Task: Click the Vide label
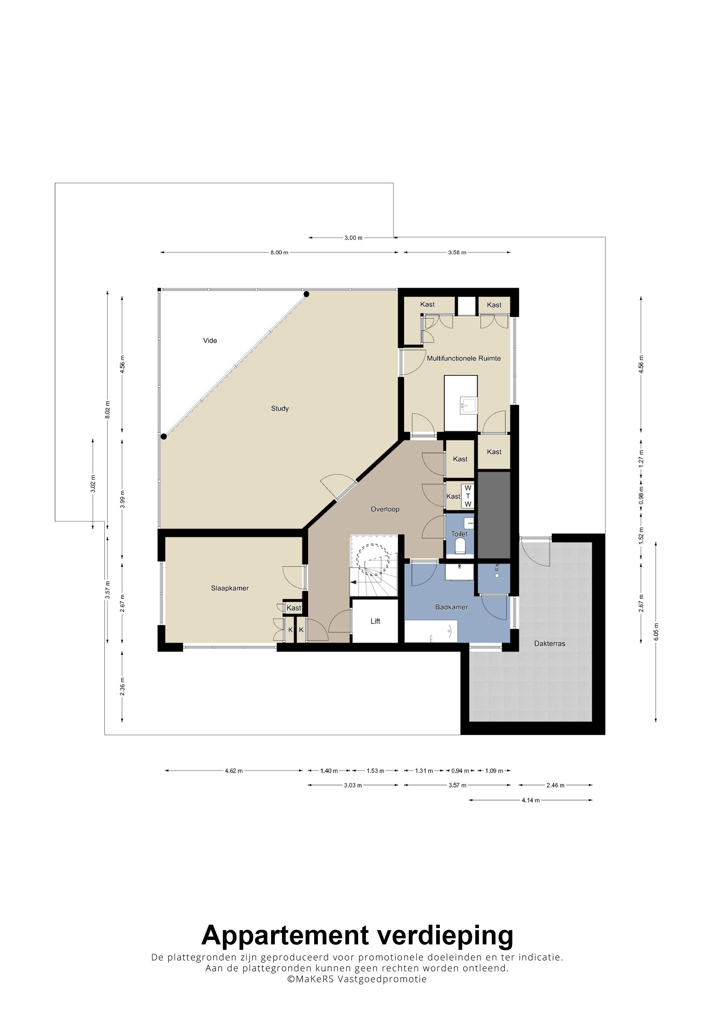click(x=210, y=341)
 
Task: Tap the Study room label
click(x=280, y=409)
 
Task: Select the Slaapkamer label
click(x=230, y=588)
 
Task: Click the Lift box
click(x=375, y=621)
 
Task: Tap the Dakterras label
click(x=549, y=644)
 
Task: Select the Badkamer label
click(x=452, y=607)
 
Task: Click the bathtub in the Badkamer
click(x=431, y=631)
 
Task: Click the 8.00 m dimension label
click(x=279, y=253)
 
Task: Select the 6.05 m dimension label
click(x=656, y=632)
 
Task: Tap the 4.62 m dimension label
click(x=234, y=771)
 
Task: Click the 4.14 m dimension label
click(x=530, y=800)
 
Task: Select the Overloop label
click(x=385, y=509)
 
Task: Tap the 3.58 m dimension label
click(x=457, y=253)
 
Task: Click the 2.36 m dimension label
click(x=122, y=687)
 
